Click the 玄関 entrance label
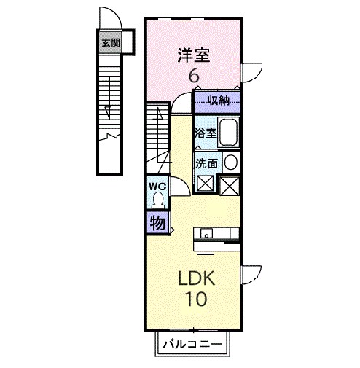[108, 42]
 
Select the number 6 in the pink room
[194, 75]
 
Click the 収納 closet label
[218, 100]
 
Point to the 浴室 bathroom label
[205, 133]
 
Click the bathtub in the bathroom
[229, 132]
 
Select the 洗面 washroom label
[206, 163]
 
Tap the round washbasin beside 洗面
[230, 163]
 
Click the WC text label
[157, 186]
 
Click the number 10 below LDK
[193, 299]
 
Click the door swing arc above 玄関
[107, 20]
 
